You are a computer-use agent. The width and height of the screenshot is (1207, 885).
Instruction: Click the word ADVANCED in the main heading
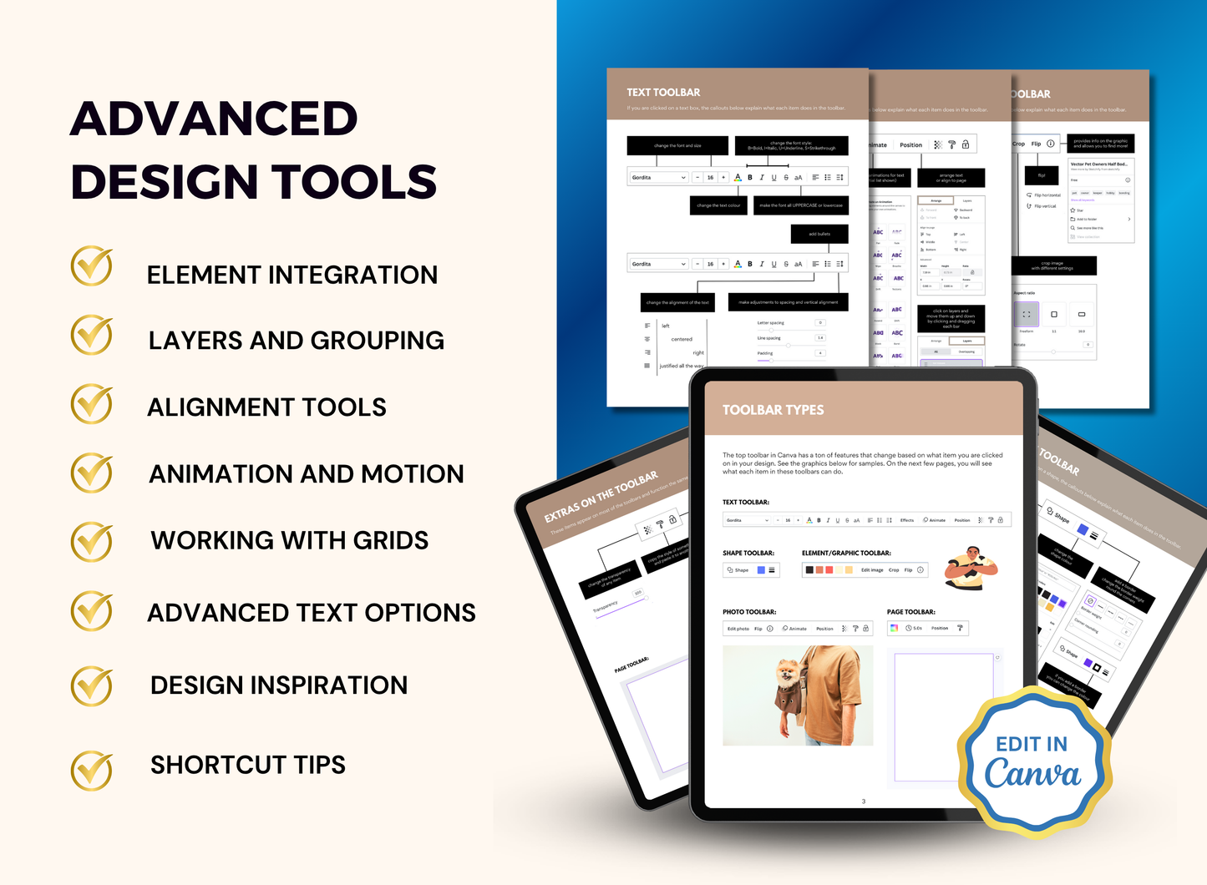[x=214, y=119]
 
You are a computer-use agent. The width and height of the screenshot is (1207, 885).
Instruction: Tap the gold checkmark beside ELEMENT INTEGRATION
[x=92, y=267]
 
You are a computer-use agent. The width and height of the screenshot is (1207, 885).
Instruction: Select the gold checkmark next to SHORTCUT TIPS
[x=92, y=769]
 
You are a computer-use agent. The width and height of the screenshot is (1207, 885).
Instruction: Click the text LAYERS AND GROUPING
[x=296, y=341]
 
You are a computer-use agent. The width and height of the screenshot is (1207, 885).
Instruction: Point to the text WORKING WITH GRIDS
[x=289, y=540]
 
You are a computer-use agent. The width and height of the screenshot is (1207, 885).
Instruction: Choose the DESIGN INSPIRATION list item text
[x=279, y=685]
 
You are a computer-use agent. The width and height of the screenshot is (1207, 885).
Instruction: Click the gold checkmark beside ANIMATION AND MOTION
[x=92, y=473]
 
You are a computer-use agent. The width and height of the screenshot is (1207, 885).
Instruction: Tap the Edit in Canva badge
[x=1033, y=761]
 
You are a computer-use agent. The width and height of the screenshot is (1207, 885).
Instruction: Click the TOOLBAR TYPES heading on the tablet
[x=773, y=410]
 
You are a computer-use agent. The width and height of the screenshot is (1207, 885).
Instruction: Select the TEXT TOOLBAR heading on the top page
[x=663, y=93]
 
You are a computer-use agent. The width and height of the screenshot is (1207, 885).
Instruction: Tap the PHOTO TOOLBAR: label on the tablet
[x=749, y=612]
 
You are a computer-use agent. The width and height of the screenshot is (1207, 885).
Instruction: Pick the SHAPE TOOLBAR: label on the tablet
[x=748, y=553]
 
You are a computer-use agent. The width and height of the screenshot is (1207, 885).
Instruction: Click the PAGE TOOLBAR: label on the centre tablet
[x=910, y=612]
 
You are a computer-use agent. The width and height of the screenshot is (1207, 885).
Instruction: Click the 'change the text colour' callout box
[x=718, y=205]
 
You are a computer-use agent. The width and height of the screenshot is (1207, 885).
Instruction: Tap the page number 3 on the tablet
[x=864, y=802]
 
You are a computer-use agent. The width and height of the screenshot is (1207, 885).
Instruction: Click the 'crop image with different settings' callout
[x=1052, y=266]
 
